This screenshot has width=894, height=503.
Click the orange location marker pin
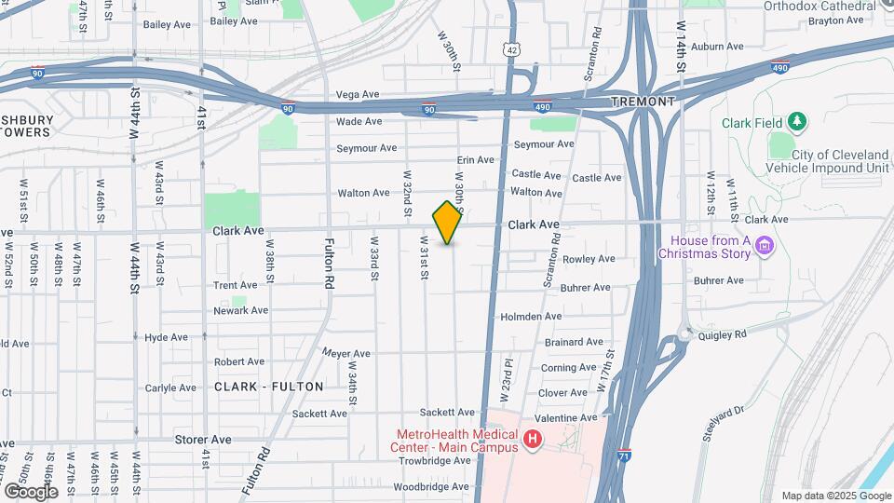[x=448, y=223]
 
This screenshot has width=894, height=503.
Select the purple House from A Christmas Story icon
[x=765, y=246]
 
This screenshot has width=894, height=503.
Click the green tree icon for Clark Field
[x=796, y=121]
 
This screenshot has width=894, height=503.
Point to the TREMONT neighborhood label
[x=643, y=101]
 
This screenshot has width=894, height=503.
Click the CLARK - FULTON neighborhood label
[x=269, y=386]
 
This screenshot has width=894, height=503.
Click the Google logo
[x=31, y=491]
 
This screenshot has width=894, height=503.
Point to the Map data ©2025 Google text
[x=835, y=496]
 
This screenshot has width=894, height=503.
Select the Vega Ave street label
[x=358, y=95]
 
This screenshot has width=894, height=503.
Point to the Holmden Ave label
[x=532, y=317]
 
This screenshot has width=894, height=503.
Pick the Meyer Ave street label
[x=346, y=354]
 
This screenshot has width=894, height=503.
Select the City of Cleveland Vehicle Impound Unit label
[x=826, y=161]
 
